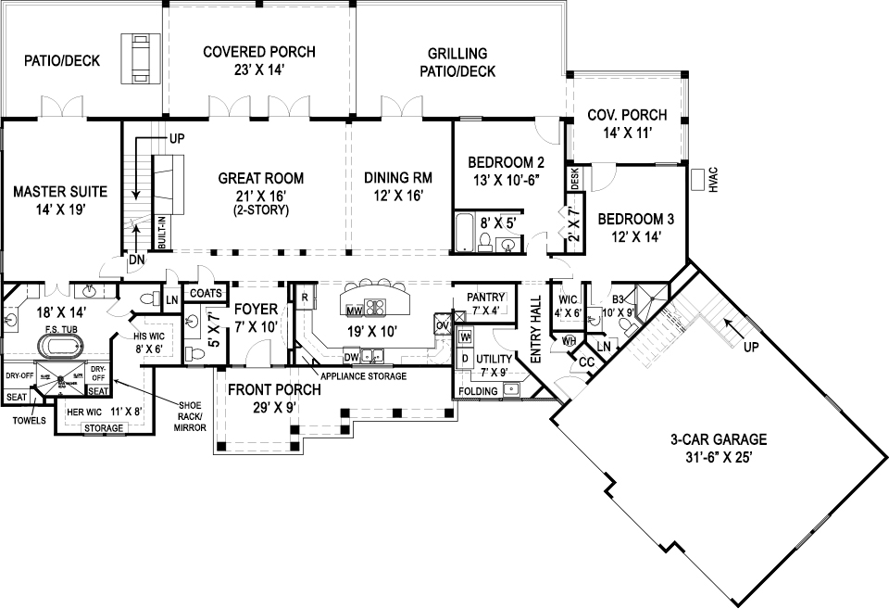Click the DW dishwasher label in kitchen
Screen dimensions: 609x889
click(351, 357)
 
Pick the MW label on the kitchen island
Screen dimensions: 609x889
click(353, 310)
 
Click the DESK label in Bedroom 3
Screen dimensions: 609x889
click(575, 180)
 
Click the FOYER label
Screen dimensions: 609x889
click(252, 308)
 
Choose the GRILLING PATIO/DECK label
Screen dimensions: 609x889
click(457, 63)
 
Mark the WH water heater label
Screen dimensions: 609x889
click(570, 341)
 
